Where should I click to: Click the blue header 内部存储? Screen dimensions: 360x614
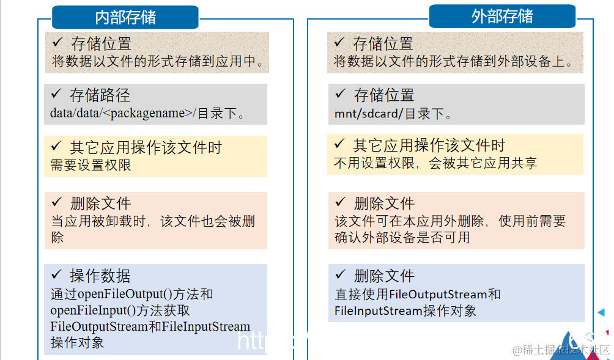tap(125, 17)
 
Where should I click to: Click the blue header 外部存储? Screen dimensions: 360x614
tap(502, 17)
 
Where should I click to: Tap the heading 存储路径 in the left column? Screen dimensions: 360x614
tap(100, 95)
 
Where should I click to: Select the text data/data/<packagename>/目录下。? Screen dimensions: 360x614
tap(147, 113)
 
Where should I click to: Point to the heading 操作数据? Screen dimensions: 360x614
tap(100, 276)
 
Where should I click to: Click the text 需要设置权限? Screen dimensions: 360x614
tap(91, 165)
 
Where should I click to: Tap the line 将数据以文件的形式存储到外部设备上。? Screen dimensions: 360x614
tap(453, 62)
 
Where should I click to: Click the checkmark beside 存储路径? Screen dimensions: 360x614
tap(57, 94)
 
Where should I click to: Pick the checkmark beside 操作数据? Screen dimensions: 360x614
tap(57, 274)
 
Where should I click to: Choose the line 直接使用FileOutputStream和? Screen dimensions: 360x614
tap(418, 295)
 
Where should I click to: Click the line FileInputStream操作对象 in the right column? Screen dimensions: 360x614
tap(405, 311)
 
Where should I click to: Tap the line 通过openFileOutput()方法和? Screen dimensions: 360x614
tap(131, 294)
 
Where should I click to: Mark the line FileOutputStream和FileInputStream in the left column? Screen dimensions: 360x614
tap(150, 326)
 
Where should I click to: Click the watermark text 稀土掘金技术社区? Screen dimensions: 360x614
tap(561, 350)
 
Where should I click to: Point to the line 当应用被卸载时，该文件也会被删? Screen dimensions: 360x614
tap(153, 221)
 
